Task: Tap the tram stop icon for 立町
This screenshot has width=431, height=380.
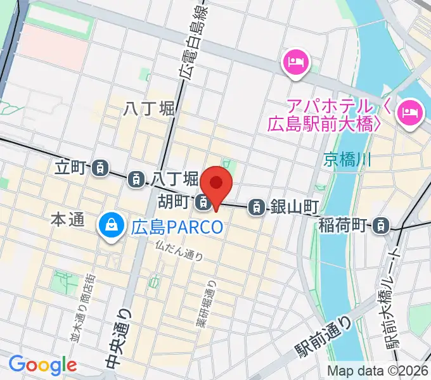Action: click(x=99, y=168)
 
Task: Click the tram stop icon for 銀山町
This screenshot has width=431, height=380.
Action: click(x=257, y=206)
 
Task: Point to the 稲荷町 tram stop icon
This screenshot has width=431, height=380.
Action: click(x=381, y=224)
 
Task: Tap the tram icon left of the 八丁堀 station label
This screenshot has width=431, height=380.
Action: click(x=136, y=180)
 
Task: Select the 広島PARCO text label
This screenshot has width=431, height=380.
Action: click(x=177, y=226)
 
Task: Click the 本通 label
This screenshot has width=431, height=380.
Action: click(x=67, y=220)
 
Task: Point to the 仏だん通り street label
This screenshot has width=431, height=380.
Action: click(x=179, y=251)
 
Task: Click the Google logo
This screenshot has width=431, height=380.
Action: click(x=42, y=365)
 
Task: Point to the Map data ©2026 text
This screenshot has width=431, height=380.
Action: click(x=377, y=370)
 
